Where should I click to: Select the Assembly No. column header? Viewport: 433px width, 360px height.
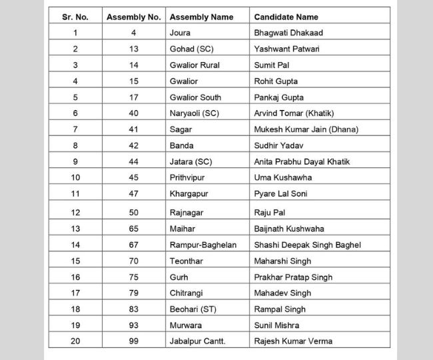point(133,17)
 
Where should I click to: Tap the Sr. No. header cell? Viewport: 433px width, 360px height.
point(75,17)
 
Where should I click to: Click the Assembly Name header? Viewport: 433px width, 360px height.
point(201,17)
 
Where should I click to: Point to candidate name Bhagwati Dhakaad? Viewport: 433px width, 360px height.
point(288,32)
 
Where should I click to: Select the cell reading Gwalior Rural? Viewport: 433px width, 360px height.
point(195,65)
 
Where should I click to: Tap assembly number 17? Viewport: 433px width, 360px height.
point(133,97)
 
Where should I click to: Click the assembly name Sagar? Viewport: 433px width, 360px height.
point(182,129)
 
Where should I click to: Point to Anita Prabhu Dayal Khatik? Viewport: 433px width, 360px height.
point(302,162)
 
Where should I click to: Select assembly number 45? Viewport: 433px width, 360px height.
point(133,178)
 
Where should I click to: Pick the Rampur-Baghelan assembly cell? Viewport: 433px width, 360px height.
point(203,245)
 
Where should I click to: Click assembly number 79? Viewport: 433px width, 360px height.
point(133,293)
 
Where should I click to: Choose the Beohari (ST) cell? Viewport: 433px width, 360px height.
point(193,309)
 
